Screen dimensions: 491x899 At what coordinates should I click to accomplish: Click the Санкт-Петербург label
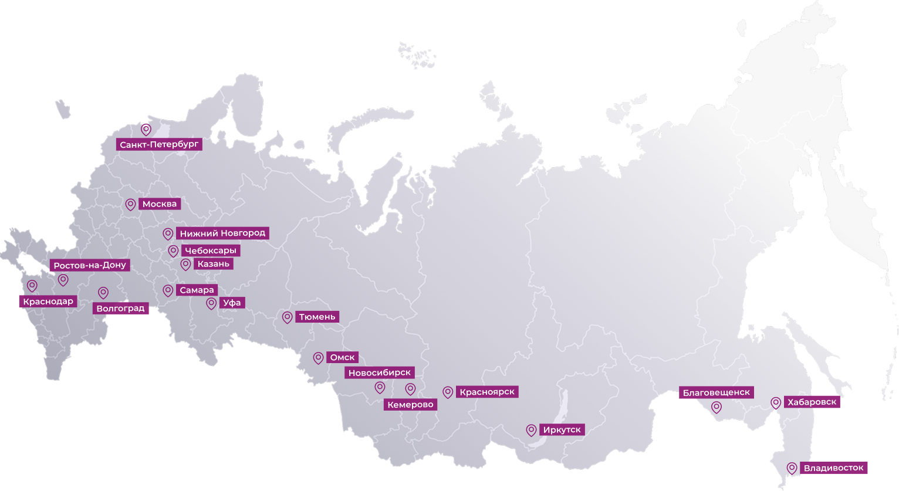159,144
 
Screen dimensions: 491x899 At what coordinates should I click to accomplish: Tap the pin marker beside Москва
130,204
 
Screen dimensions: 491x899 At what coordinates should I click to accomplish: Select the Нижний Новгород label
222,233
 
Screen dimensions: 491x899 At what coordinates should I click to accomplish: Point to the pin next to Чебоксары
173,251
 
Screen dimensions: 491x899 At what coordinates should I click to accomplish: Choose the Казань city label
213,264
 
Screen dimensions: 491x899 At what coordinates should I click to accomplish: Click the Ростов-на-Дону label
89,265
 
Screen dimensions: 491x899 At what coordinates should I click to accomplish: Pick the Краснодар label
48,302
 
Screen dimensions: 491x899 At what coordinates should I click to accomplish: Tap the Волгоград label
120,308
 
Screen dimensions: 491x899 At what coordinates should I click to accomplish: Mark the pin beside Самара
168,290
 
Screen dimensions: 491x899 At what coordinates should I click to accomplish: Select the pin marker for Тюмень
287,317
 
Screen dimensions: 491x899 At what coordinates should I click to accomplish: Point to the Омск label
343,357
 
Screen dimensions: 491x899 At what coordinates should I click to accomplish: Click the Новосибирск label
380,373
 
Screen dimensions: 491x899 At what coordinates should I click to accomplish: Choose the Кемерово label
411,404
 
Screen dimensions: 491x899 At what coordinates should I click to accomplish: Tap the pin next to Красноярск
448,392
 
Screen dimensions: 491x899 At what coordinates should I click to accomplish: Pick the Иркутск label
562,430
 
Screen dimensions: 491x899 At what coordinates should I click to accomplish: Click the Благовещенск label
716,392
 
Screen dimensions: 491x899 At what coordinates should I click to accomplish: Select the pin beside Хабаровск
776,402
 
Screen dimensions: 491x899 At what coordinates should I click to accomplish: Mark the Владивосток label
833,468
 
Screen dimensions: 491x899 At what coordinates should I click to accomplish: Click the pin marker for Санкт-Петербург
146,129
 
